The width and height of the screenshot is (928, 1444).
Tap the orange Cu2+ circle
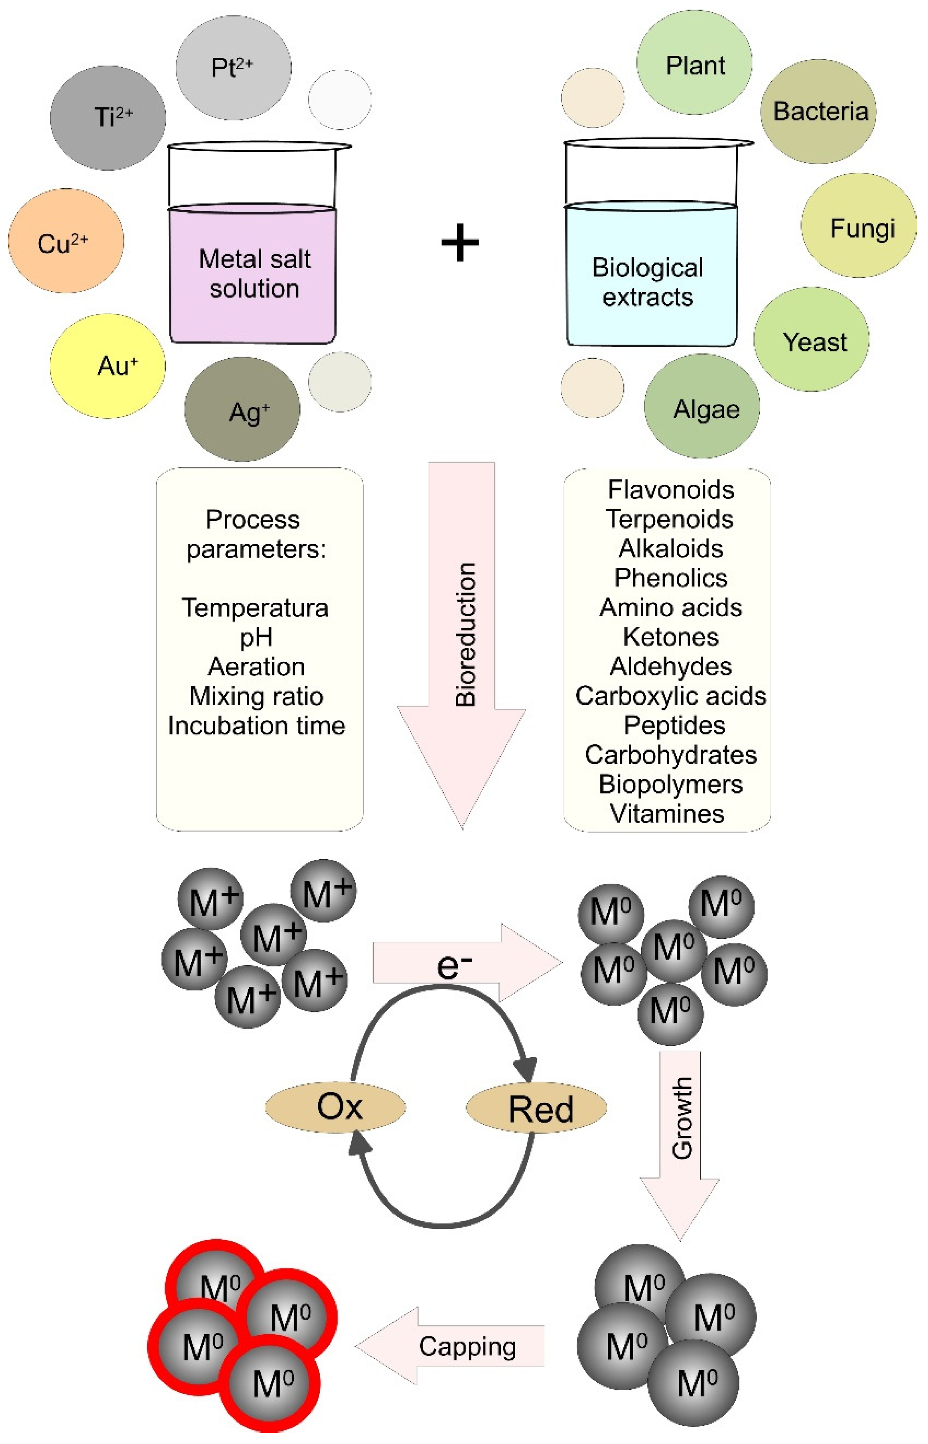click(65, 241)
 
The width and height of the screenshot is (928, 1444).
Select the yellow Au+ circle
click(107, 366)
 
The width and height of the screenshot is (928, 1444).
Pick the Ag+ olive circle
click(242, 409)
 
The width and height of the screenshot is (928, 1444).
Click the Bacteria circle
click(818, 112)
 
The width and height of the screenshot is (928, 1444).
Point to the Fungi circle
click(859, 226)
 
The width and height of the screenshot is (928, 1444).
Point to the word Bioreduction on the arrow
click(465, 634)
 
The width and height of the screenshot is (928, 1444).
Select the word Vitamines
click(667, 814)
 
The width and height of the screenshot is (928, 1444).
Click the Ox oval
click(336, 1106)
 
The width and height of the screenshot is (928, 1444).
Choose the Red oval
click(536, 1108)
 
